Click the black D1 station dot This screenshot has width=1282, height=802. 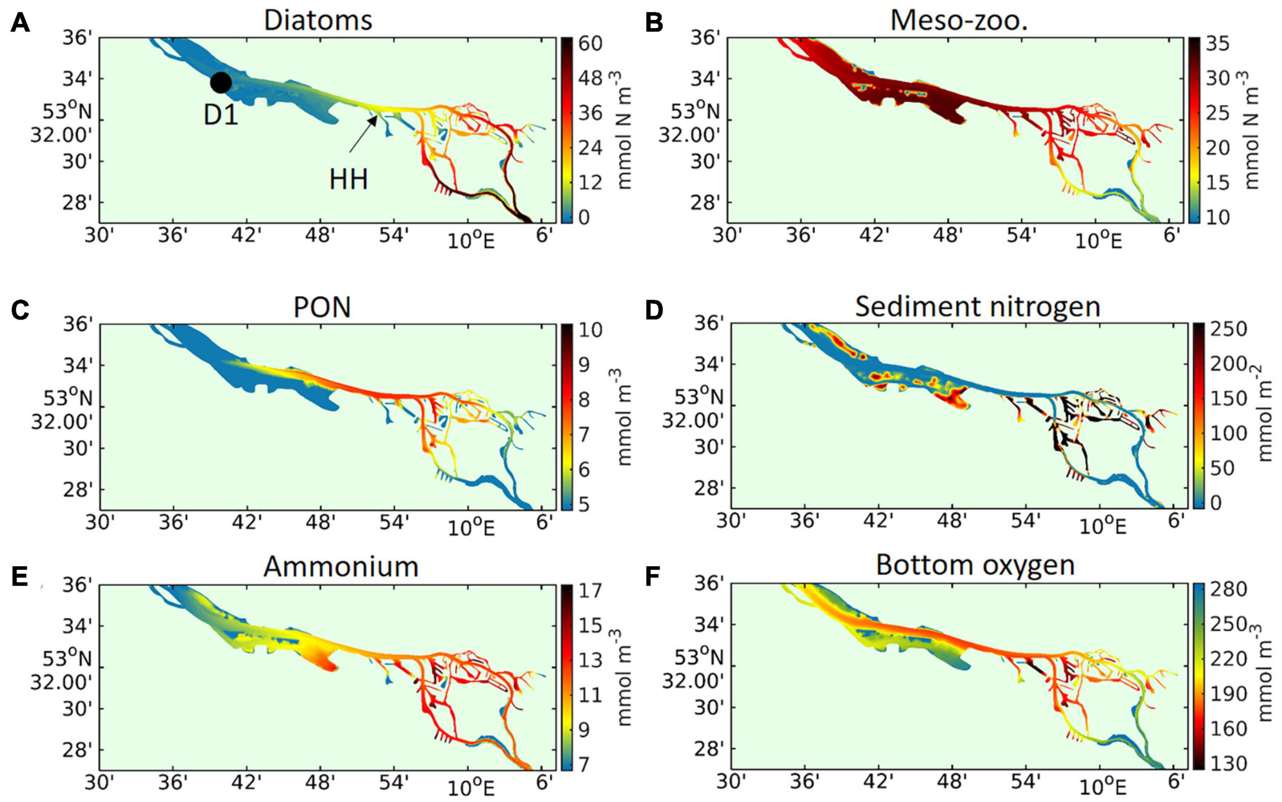coord(221,83)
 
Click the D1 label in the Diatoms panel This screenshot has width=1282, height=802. coord(221,115)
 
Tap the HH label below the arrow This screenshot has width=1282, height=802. coord(349,180)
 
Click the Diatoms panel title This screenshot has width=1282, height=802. coord(318,20)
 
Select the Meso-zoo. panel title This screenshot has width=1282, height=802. coord(959,20)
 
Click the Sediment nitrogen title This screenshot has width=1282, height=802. coord(977,307)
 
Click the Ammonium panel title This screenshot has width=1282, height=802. coord(341,567)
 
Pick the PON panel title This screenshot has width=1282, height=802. coord(322,308)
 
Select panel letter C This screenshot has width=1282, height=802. coord(19,311)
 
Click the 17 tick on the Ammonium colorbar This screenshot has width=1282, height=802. coord(590,590)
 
